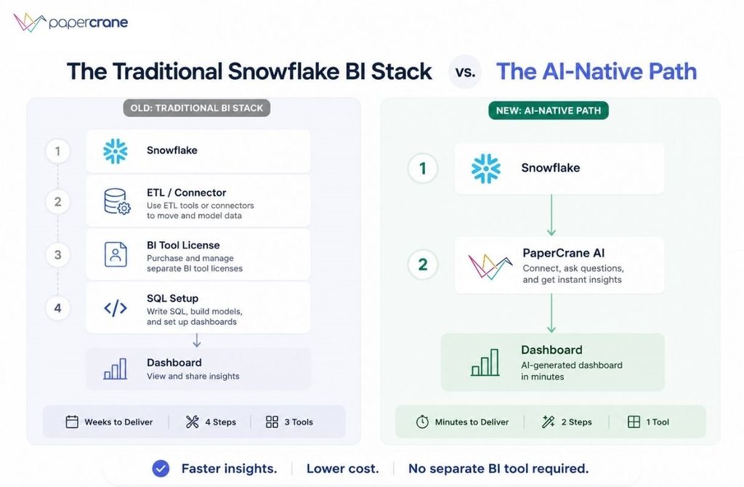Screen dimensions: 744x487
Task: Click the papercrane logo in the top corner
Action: tap(70, 23)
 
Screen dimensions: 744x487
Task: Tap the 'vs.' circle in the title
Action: tap(465, 72)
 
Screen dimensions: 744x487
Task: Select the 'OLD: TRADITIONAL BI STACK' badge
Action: tap(196, 108)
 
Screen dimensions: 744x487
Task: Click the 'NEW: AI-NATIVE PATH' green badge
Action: tap(549, 110)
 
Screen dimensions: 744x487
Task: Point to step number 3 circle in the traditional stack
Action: tap(57, 255)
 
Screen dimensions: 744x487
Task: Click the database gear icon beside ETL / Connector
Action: tap(117, 201)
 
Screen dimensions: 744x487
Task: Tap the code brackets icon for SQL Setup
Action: tap(116, 308)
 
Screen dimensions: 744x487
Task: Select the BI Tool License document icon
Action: tap(116, 254)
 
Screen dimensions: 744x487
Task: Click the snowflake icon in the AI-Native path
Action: tap(485, 169)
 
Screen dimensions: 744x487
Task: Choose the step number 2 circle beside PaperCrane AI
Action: tap(423, 265)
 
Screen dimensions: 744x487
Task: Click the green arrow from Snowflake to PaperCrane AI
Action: tap(551, 215)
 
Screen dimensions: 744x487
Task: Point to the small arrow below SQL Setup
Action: tap(196, 340)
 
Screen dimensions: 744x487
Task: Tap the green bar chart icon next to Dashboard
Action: tap(485, 363)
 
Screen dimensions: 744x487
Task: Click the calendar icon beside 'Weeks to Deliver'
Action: tap(72, 422)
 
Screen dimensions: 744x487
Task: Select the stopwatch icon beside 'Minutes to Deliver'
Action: tap(422, 422)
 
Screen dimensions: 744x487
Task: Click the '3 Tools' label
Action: tap(299, 422)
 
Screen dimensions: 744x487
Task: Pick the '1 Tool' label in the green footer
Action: tap(657, 422)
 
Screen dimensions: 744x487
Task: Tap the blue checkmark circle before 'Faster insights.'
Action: tap(161, 469)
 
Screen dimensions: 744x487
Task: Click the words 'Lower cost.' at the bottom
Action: tap(343, 469)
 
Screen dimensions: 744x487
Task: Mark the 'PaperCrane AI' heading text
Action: tap(563, 253)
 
